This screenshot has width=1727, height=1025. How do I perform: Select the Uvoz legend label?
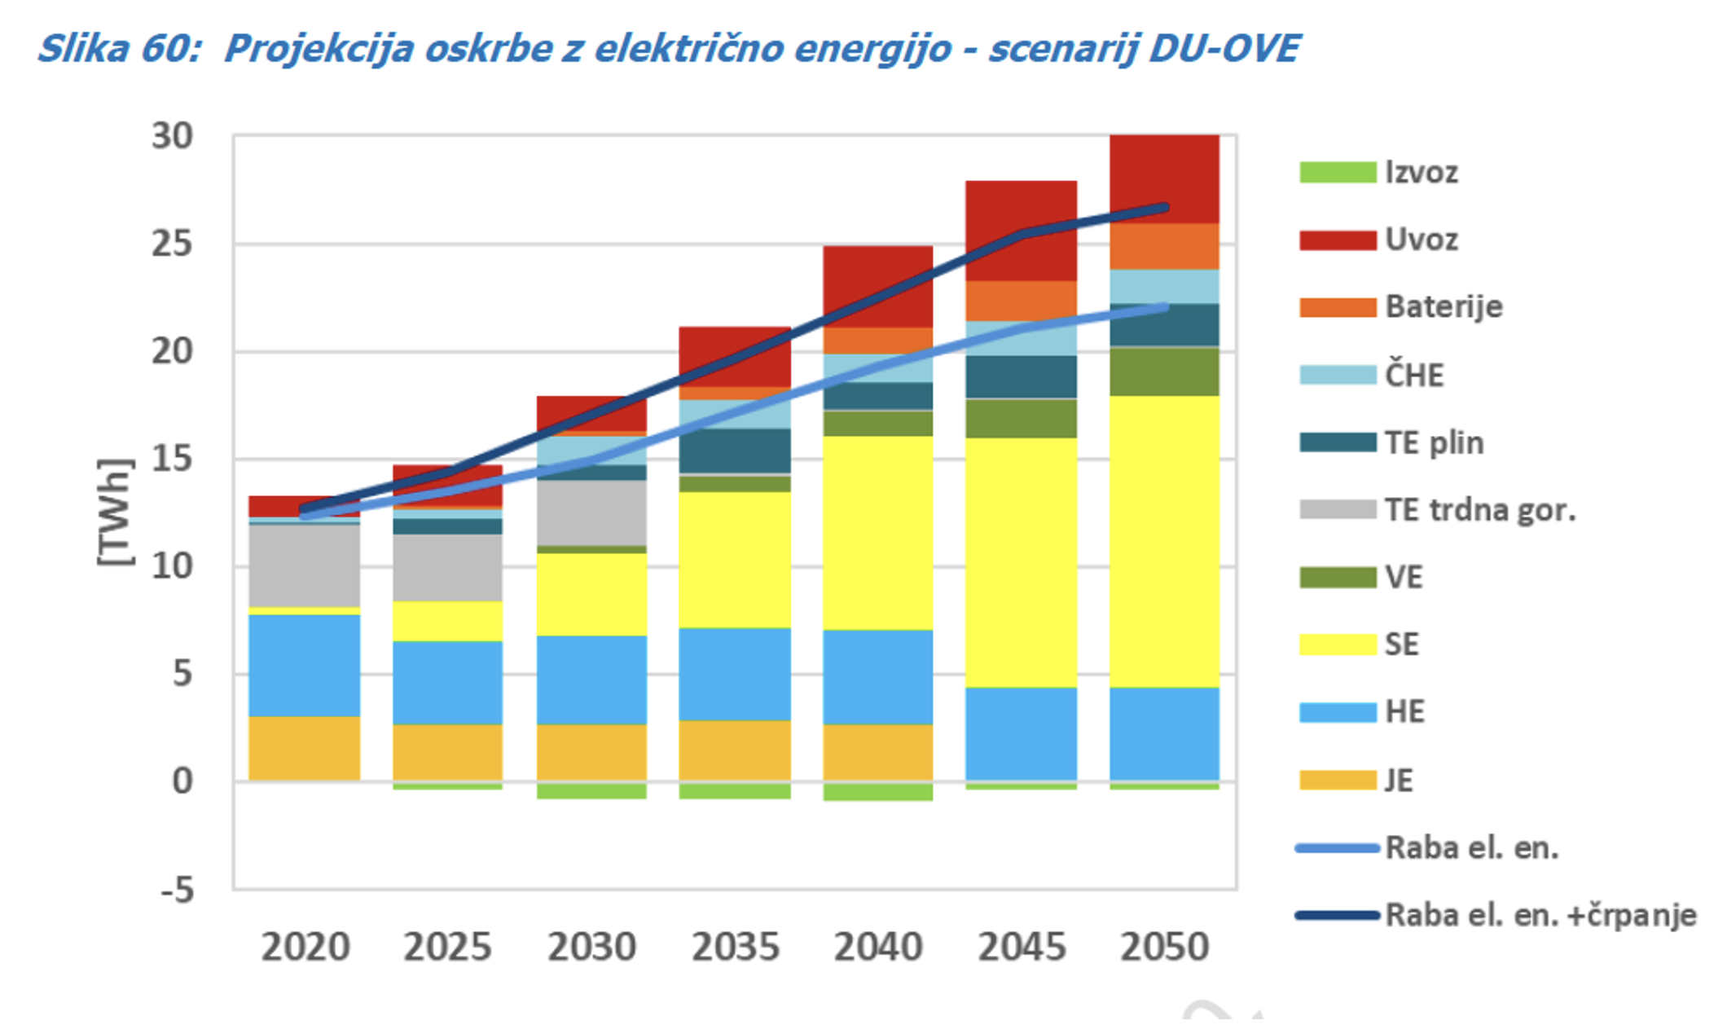(x=1422, y=240)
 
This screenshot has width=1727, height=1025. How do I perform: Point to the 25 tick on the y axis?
(x=172, y=244)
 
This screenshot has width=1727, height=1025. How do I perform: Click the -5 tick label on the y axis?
(x=178, y=890)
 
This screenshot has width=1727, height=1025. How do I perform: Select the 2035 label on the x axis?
(x=735, y=948)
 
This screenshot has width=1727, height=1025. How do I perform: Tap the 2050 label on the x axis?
(x=1164, y=948)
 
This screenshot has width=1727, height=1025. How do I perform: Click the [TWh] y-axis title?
(x=115, y=512)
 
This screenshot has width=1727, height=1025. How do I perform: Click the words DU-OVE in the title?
(x=1224, y=49)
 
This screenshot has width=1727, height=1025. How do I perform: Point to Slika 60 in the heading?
(x=119, y=49)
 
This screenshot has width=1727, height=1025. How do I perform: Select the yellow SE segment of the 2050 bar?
(x=1164, y=542)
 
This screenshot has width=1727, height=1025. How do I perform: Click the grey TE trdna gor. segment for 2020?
(x=304, y=565)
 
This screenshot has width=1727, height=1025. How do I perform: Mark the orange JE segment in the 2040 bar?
(x=877, y=751)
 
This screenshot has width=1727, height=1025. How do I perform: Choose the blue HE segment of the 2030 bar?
(x=591, y=680)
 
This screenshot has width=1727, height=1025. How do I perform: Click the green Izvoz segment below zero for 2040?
(x=877, y=791)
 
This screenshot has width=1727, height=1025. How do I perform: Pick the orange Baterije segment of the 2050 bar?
(x=1164, y=247)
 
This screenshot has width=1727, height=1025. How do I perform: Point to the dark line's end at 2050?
(x=1166, y=208)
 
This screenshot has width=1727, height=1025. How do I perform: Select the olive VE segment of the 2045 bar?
(x=1022, y=419)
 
